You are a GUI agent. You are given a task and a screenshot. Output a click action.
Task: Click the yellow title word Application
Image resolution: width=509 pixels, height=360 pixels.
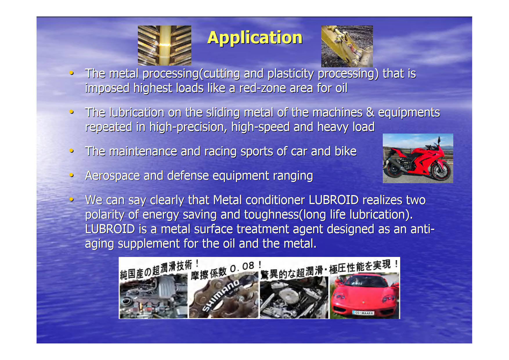[255, 38]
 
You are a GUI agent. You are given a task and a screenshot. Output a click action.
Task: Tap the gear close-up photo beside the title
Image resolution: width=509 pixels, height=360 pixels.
[164, 45]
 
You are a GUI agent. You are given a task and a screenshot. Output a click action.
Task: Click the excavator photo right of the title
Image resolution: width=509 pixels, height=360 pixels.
[347, 46]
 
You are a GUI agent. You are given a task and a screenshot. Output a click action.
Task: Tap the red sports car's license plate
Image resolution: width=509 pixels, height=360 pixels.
[363, 312]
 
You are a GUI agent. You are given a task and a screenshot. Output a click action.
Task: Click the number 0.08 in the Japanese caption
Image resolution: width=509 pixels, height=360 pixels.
[242, 267]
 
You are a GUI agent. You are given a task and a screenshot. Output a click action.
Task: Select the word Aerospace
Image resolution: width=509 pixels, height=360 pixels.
[113, 176]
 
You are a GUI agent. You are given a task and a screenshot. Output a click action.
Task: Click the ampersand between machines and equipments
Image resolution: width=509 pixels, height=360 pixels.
[370, 112]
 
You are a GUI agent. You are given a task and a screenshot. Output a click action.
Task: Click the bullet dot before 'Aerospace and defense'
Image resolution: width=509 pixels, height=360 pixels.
[71, 175]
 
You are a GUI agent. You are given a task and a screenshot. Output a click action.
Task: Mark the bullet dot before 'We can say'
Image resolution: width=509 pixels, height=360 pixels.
[71, 199]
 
